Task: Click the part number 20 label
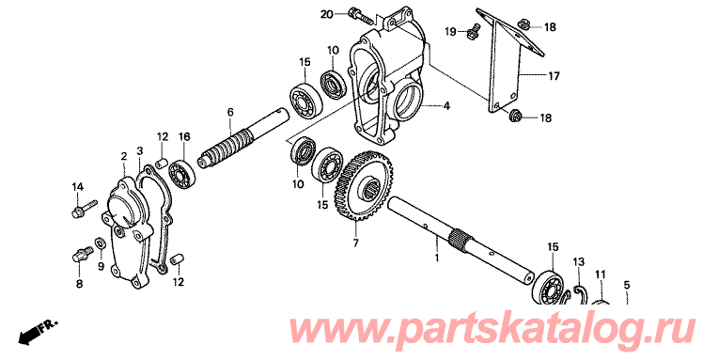click(326, 14)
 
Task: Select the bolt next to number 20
click(360, 16)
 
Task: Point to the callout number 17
click(554, 76)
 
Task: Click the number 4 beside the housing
click(446, 106)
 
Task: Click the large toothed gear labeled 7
click(364, 186)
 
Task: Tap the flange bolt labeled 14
click(84, 208)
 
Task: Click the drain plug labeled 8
click(81, 255)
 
